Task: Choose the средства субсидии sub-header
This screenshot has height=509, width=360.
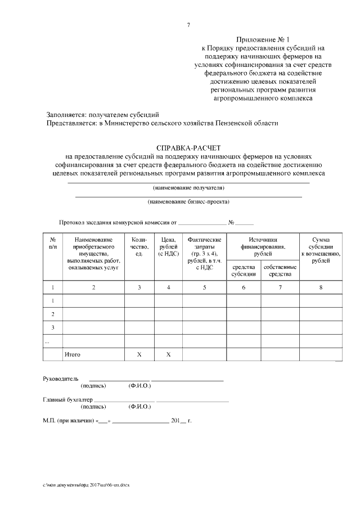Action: point(243,270)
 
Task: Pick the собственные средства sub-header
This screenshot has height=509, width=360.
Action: point(280,270)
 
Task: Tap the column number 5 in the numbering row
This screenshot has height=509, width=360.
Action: point(204,287)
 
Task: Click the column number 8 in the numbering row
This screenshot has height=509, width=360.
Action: point(320,287)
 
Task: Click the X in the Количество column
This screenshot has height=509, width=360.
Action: point(139,355)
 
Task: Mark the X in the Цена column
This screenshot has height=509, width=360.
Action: point(168,355)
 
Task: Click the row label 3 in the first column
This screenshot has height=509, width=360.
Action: point(52,327)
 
